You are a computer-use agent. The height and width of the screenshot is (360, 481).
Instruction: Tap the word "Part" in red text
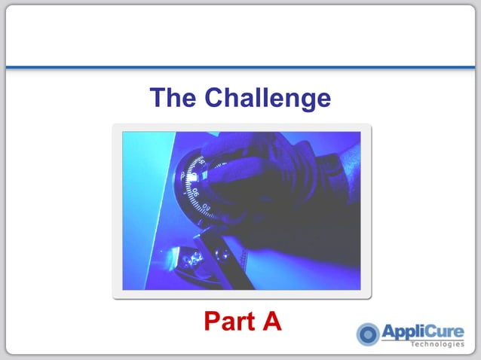pos(228,322)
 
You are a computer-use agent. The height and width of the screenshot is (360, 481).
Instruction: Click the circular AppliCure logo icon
pos(368,334)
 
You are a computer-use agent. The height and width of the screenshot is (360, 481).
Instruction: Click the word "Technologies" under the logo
pos(438,346)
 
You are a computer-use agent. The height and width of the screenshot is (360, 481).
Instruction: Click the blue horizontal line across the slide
pos(240,67)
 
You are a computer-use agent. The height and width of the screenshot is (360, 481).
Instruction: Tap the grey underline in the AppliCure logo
pos(422,340)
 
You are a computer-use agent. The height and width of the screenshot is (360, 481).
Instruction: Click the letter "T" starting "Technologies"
pos(413,346)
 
